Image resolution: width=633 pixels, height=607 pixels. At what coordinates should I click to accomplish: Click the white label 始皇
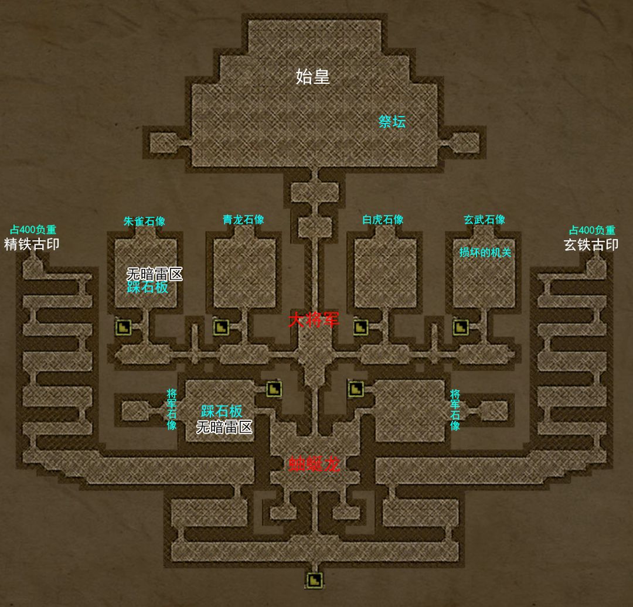312,76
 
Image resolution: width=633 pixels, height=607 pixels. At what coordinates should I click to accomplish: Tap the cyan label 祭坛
392,122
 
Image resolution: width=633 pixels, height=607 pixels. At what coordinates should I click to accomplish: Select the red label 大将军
314,320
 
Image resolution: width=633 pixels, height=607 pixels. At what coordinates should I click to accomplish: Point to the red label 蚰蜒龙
314,464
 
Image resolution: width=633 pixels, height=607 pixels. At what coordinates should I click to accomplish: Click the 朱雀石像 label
144,221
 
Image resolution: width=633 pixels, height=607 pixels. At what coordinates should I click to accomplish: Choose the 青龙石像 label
243,220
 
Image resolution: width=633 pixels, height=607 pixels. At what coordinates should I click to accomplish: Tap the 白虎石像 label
383,220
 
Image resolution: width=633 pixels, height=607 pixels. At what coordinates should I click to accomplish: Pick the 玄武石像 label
484,220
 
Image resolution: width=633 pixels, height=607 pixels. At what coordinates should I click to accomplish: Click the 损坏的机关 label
485,253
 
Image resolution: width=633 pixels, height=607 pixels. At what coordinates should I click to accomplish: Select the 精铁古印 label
32,244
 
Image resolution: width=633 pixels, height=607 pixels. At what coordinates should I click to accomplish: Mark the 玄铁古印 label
591,245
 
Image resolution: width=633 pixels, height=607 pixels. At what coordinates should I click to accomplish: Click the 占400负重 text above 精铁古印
33,230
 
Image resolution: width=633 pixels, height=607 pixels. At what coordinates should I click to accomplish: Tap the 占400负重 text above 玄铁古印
593,230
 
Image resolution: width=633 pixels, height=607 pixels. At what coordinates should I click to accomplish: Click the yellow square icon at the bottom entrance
315,581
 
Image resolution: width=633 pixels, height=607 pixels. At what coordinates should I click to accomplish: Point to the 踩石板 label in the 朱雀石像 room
148,288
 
